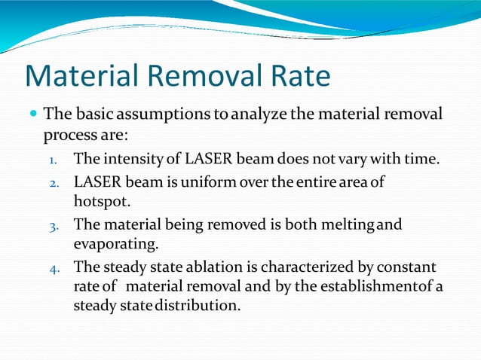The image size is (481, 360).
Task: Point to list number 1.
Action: pyautogui.click(x=52, y=160)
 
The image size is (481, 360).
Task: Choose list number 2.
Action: pyautogui.click(x=52, y=183)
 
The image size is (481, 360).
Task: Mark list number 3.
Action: pyautogui.click(x=52, y=225)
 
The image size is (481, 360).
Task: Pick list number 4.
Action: pyautogui.click(x=52, y=267)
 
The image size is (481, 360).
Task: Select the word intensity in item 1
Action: pyautogui.click(x=130, y=160)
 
